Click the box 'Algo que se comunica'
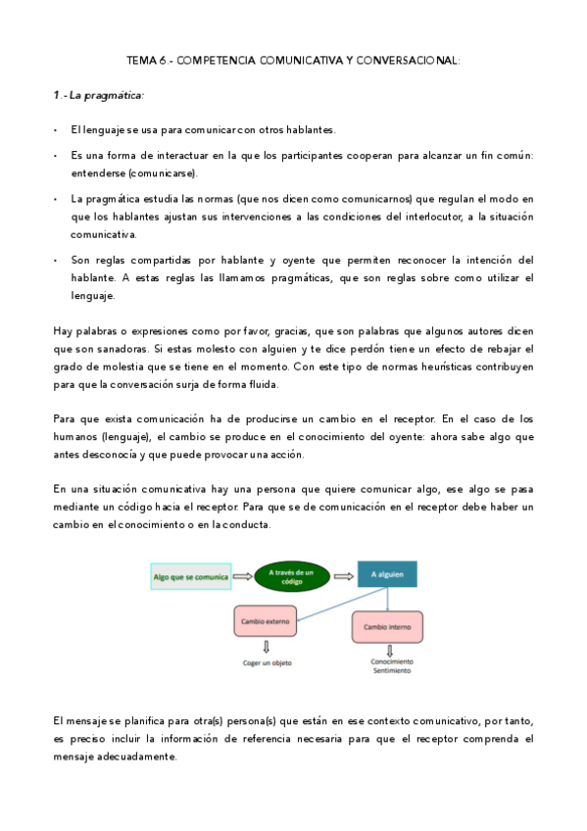coord(191,577)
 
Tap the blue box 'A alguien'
coord(387,575)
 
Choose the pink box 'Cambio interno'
coord(387,626)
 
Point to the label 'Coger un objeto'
coord(269,663)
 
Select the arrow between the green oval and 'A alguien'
coord(343,576)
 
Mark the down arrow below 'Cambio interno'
coord(390,651)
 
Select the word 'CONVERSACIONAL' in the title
coord(409,60)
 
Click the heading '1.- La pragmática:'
coord(98,95)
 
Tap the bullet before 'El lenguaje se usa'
coord(57,130)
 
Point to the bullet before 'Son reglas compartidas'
coord(57,261)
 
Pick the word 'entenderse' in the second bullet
coord(98,173)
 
